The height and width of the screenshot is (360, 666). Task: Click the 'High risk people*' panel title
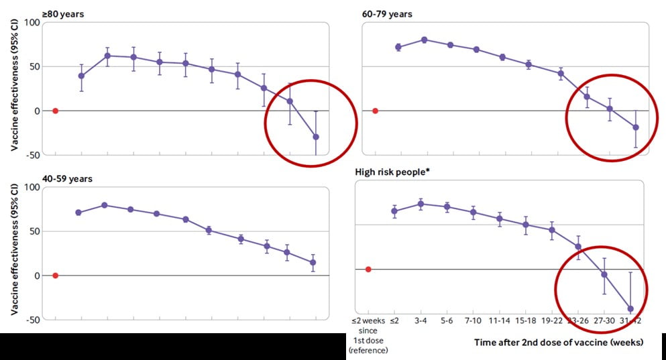coord(392,172)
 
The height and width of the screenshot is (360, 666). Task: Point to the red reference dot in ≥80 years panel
coord(56,111)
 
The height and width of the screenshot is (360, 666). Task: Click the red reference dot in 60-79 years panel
coord(375,111)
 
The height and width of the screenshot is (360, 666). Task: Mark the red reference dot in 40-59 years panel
coord(56,276)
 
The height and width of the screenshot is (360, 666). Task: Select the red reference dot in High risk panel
coord(368,269)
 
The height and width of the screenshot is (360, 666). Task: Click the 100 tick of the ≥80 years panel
coord(32,23)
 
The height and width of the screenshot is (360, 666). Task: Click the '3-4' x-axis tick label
coord(421,321)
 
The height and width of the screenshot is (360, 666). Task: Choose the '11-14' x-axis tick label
coord(500,321)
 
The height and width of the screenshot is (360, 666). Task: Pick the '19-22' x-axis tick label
coord(552,321)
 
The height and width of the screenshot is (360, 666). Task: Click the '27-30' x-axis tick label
coord(605,321)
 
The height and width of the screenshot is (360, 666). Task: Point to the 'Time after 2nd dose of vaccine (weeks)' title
coord(558,343)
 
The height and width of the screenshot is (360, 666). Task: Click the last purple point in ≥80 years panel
coord(316,137)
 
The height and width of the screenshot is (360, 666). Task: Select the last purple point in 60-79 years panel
coord(635,127)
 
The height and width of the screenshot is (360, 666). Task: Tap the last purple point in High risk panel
coord(630,309)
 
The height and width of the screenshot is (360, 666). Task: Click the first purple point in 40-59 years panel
coord(78,213)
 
